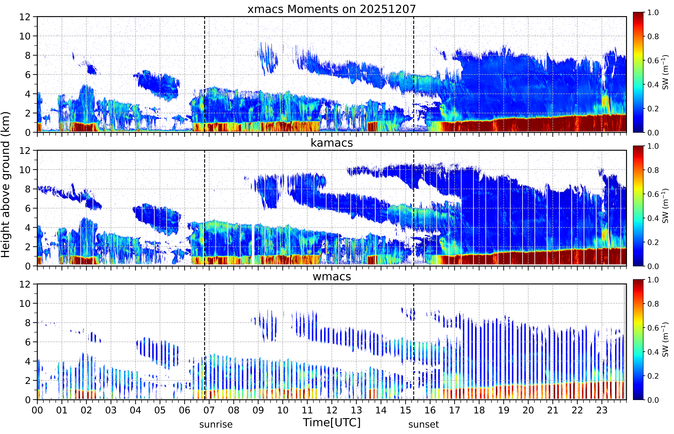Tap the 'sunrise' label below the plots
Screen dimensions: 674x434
pyautogui.click(x=216, y=424)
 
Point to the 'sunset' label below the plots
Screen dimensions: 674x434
pyautogui.click(x=424, y=424)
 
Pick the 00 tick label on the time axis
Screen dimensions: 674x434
pyautogui.click(x=37, y=410)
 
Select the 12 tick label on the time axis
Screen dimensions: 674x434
pyautogui.click(x=332, y=410)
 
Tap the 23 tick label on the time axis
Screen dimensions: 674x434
pyautogui.click(x=602, y=410)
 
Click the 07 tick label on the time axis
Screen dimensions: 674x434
pyautogui.click(x=209, y=410)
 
